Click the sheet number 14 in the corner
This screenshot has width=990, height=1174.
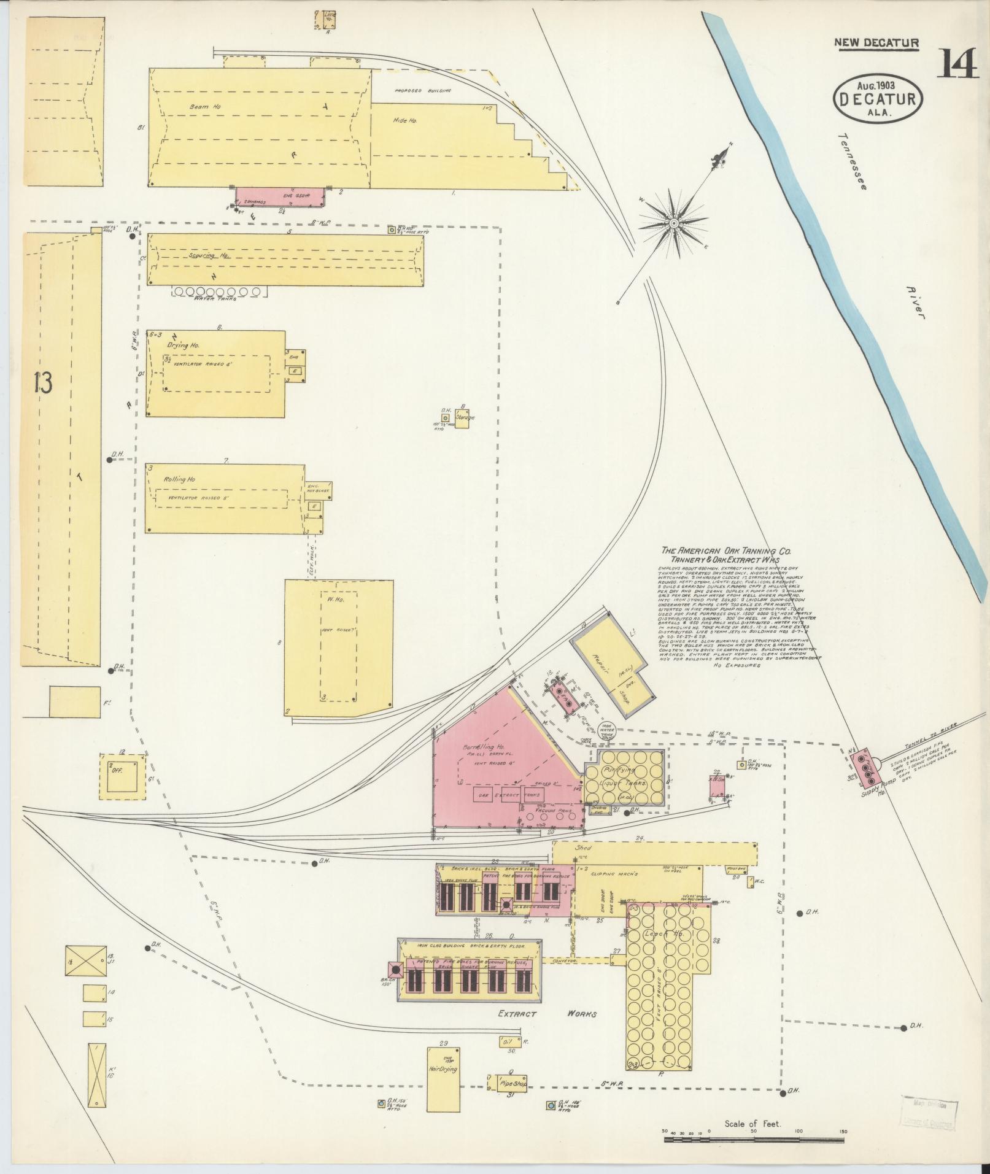[957, 65]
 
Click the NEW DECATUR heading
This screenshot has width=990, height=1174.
[876, 43]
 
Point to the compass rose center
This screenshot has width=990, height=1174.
[673, 223]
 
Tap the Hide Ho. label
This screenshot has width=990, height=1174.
[404, 122]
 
